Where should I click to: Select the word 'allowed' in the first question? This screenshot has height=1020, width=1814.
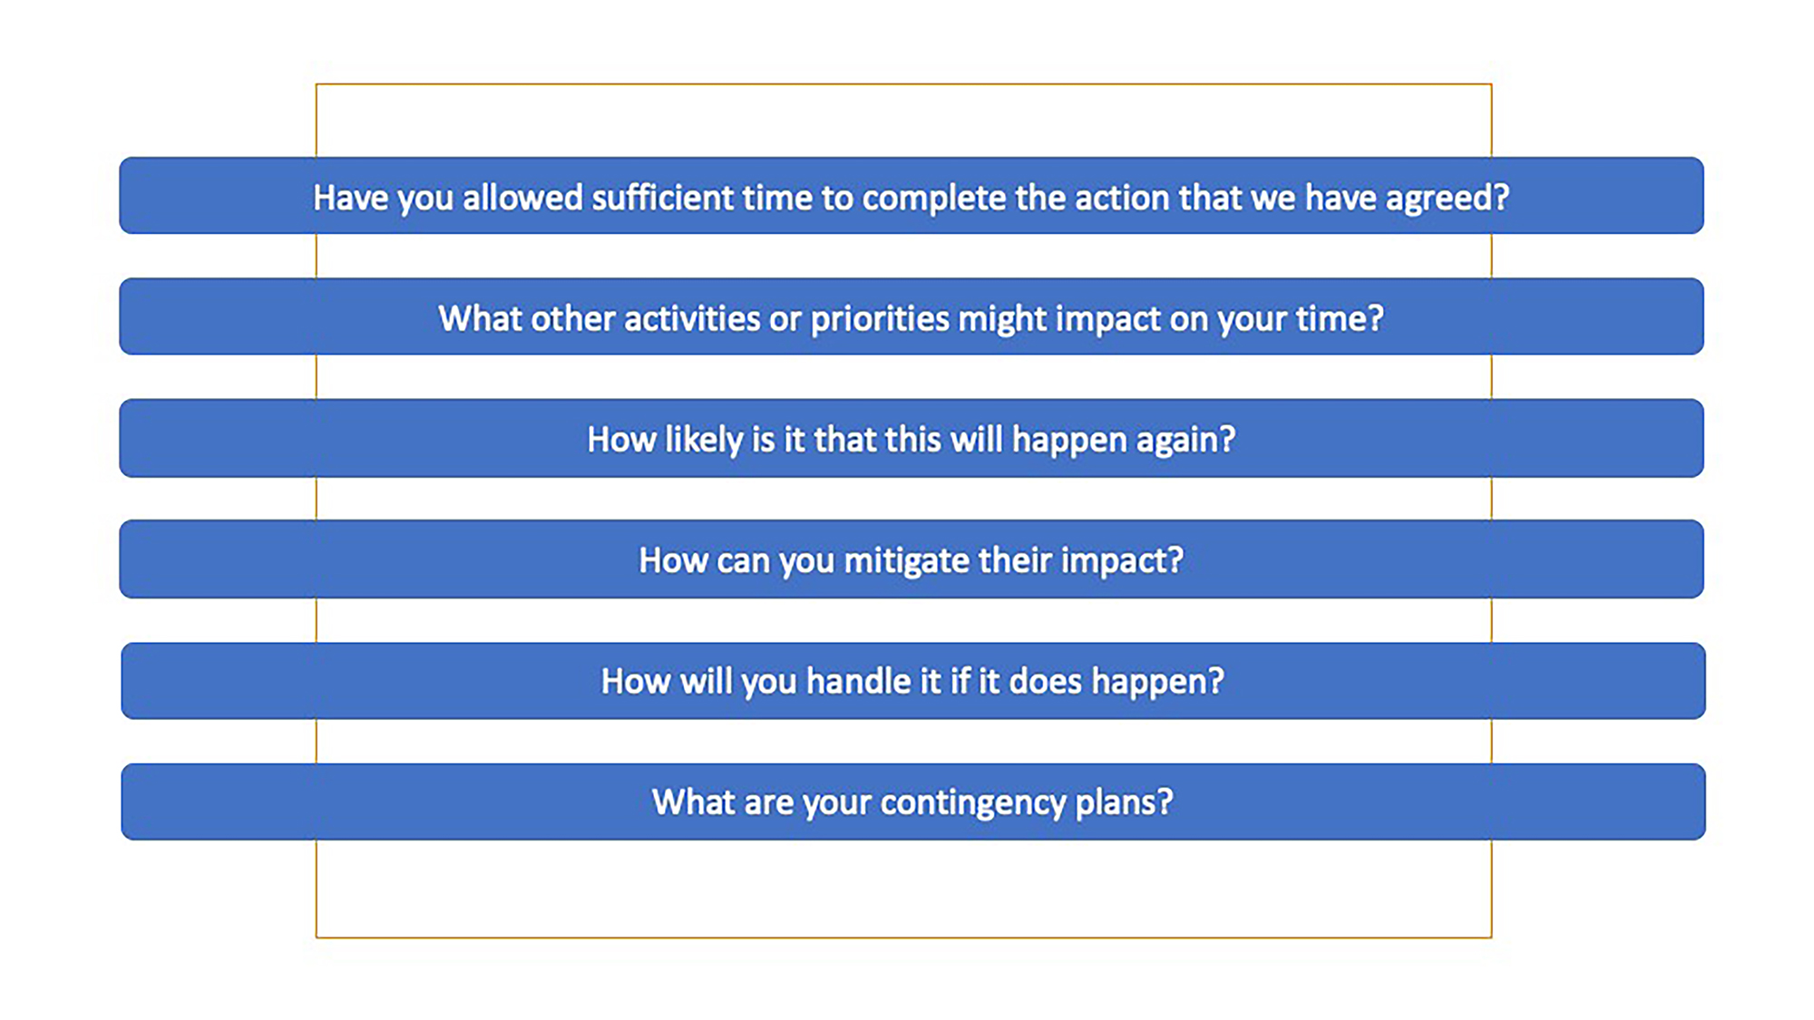tap(522, 197)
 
